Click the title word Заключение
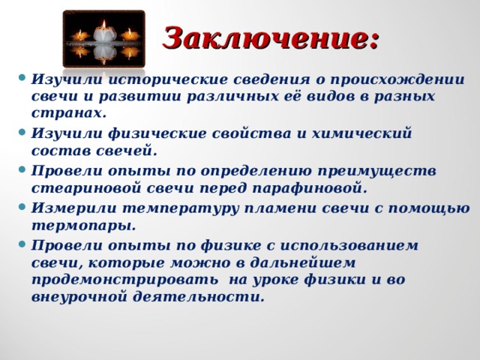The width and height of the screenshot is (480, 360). point(271,35)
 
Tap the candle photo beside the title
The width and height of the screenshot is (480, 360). point(103,37)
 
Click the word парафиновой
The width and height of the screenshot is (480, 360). point(316,187)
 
